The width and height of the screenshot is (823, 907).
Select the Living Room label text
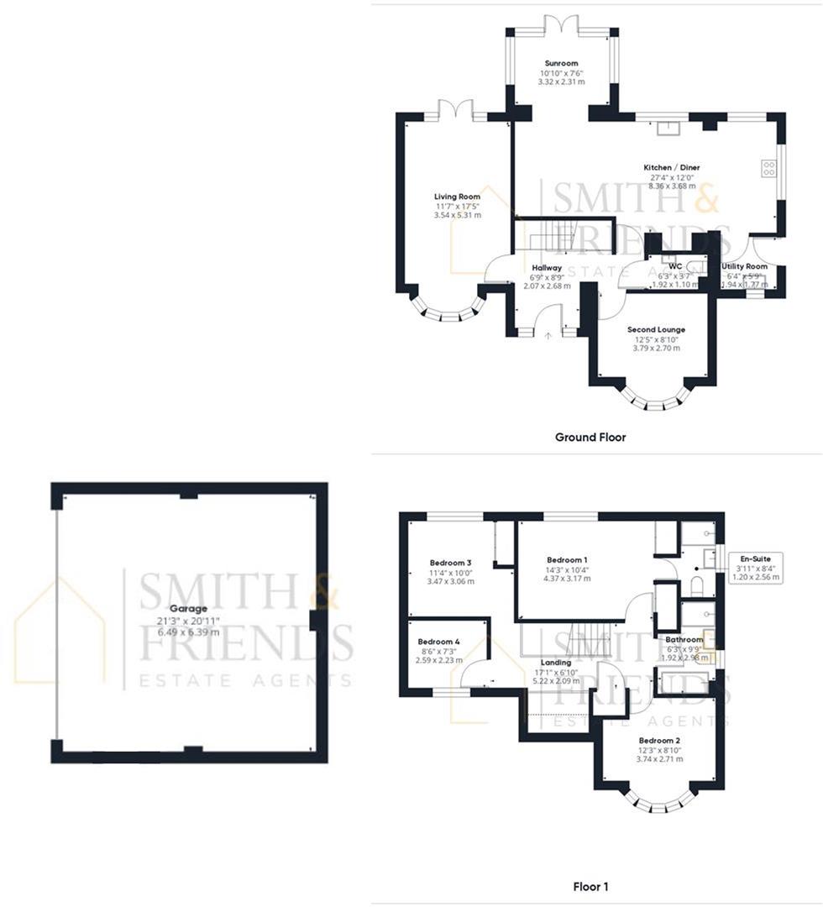point(457,197)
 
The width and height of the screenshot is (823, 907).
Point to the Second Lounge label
point(656,330)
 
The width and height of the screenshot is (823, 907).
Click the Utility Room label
point(745,266)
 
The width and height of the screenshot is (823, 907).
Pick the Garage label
point(189,609)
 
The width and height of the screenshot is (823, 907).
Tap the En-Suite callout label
point(756,558)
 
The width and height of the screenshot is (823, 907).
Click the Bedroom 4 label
point(439,641)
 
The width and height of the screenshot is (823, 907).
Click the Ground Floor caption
point(590,437)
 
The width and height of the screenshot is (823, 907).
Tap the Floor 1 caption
point(590,886)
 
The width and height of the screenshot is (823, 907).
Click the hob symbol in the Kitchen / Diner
point(768,168)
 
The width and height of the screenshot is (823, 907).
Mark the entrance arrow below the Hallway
point(548,335)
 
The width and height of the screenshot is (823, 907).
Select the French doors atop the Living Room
point(454,111)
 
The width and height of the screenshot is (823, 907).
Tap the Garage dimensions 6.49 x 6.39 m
point(189,632)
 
